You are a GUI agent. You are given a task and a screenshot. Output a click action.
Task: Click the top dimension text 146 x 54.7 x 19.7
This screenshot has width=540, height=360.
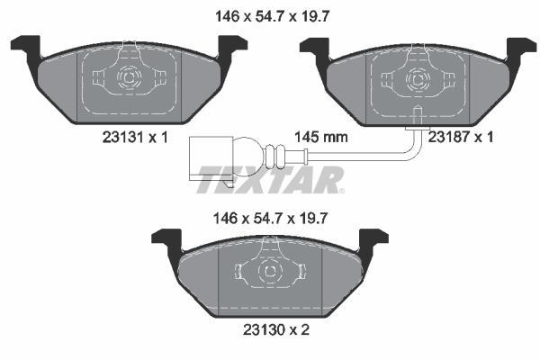pos(269,14)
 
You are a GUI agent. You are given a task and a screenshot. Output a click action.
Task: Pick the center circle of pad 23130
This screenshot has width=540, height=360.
pos(268,271)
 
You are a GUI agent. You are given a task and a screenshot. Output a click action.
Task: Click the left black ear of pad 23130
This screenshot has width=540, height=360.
pos(167,240)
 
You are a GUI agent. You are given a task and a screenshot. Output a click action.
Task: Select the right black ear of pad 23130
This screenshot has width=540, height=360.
pos(373,240)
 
